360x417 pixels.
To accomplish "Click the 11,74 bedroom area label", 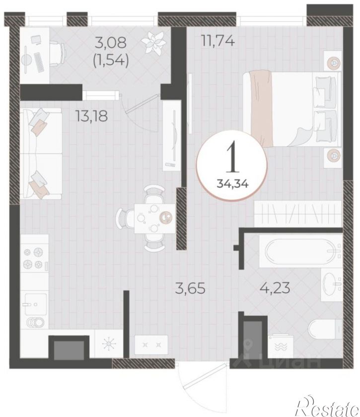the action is [218, 41].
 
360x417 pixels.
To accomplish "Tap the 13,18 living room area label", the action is [92, 116].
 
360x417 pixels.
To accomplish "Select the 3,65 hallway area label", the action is [190, 288].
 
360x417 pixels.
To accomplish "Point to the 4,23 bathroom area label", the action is [274, 287].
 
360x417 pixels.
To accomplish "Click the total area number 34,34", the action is [232, 183].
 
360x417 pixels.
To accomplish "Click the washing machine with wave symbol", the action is [281, 346].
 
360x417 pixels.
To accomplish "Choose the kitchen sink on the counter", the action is [36, 304].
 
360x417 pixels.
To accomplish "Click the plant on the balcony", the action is [154, 43].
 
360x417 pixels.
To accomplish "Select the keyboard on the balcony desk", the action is [39, 63].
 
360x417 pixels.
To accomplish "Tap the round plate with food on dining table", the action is [166, 217].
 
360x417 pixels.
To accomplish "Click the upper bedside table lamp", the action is [333, 63].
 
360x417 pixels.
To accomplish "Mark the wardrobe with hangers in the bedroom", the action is [297, 214].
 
